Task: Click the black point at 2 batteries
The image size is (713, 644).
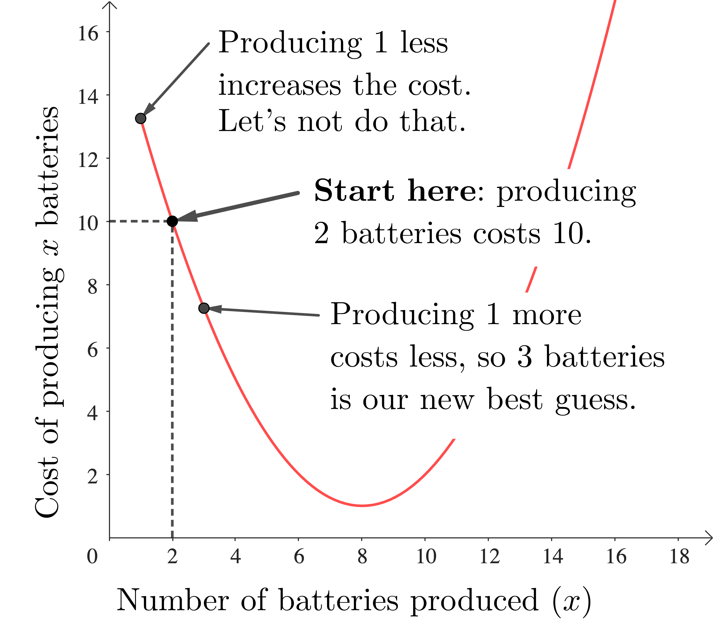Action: pyautogui.click(x=172, y=221)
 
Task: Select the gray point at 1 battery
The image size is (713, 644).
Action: pyautogui.click(x=141, y=118)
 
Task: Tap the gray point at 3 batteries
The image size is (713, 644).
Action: pyautogui.click(x=204, y=308)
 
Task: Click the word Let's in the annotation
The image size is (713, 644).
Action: pyautogui.click(x=251, y=121)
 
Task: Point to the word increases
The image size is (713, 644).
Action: pyautogui.click(x=279, y=86)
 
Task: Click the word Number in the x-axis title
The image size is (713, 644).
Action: pyautogui.click(x=173, y=600)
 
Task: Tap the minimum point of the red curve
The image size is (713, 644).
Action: pyautogui.click(x=362, y=506)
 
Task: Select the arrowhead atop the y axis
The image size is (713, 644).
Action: pyautogui.click(x=110, y=5)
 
